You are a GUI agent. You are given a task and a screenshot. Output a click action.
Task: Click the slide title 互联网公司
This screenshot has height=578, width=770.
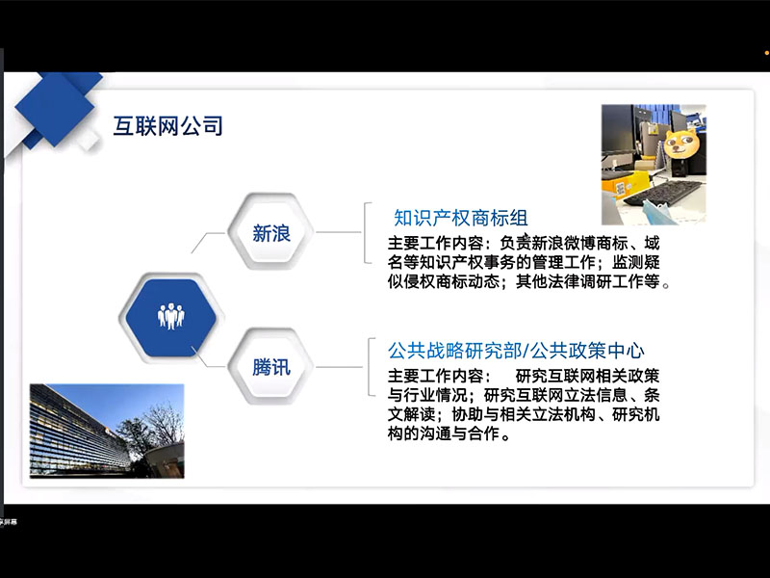(167, 126)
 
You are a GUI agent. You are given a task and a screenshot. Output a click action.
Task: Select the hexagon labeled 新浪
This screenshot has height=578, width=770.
(271, 232)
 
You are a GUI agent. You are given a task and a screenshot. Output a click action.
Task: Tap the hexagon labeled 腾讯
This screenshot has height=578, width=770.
(271, 367)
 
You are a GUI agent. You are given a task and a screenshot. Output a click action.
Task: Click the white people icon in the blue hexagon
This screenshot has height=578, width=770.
(171, 316)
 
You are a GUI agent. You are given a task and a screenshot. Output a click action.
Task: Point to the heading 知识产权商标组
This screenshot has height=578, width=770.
(461, 218)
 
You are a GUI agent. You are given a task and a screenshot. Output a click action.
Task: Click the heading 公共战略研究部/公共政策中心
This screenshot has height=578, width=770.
(516, 351)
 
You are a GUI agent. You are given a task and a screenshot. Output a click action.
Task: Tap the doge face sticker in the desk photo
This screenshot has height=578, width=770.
(681, 143)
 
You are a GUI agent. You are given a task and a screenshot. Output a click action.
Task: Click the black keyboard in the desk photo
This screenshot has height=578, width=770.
(663, 193)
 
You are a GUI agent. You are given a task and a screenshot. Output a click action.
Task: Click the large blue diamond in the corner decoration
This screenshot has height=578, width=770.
(55, 109)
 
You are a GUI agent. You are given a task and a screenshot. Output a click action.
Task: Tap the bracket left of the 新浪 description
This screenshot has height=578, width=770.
(368, 233)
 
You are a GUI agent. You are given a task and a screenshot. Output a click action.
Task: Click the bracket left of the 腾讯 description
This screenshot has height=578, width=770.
(372, 367)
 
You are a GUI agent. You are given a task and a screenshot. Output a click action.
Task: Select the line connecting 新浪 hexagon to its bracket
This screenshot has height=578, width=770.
(339, 232)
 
